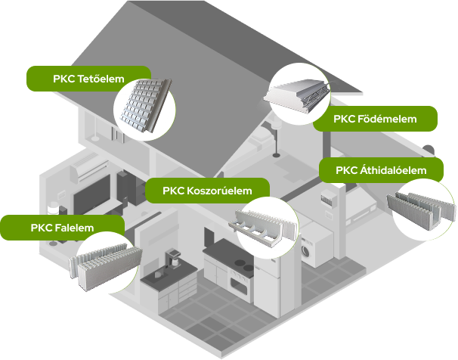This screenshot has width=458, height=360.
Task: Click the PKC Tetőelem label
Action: [x=89, y=78]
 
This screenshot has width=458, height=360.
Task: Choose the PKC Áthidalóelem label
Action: [x=382, y=170]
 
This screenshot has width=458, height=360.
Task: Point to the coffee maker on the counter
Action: [x=172, y=259]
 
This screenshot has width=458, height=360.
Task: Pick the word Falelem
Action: [x=73, y=227]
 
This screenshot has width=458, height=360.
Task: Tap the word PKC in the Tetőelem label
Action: [x=64, y=78]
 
